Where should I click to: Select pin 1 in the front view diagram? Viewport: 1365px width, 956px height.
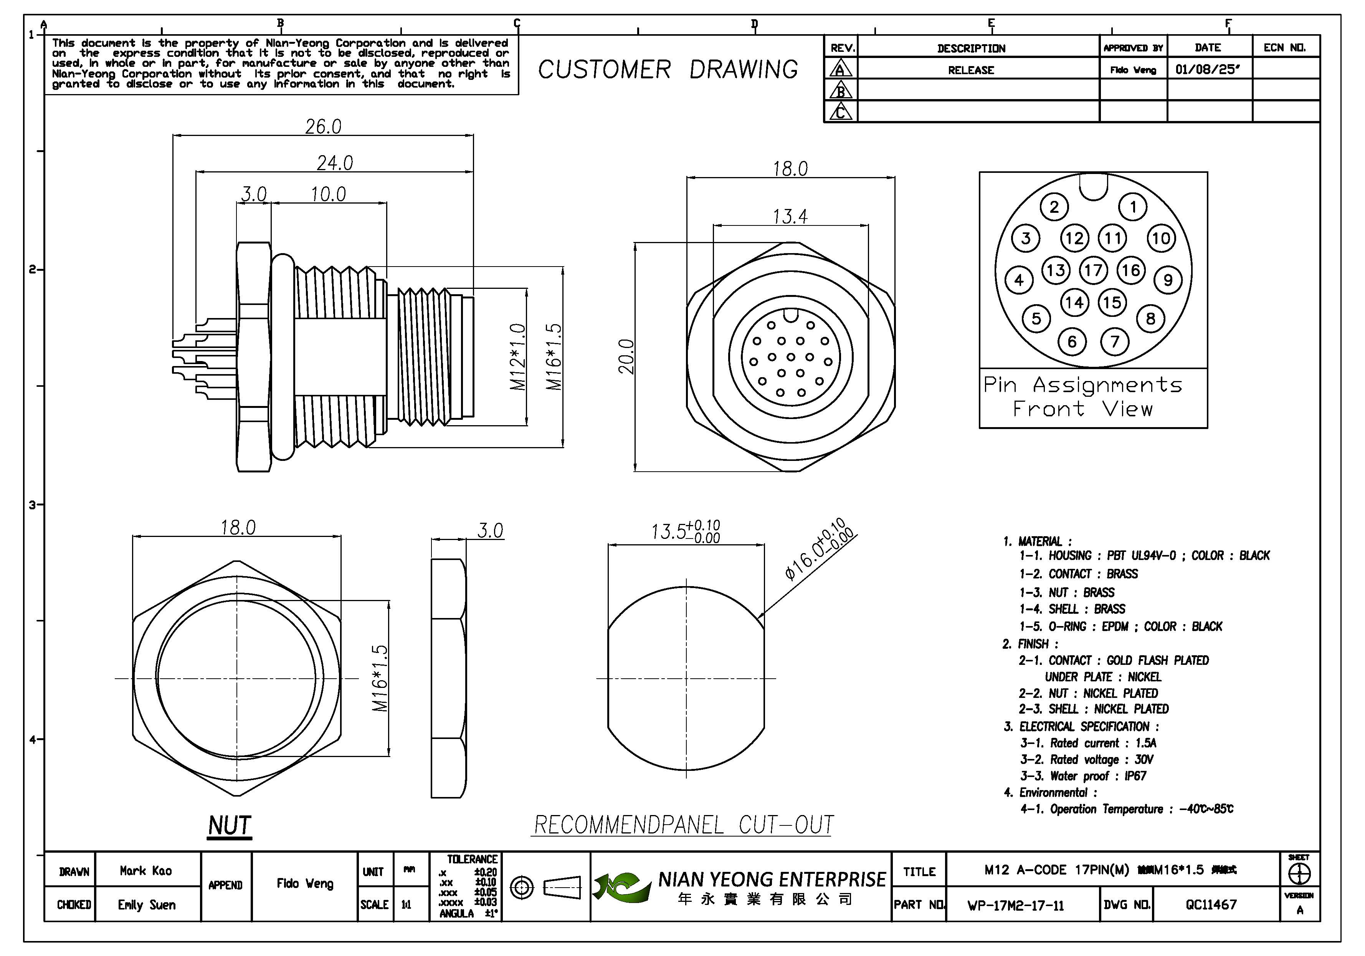click(x=1133, y=207)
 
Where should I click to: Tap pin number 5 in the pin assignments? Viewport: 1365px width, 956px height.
click(x=1036, y=319)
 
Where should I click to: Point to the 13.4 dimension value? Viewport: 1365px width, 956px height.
click(x=790, y=217)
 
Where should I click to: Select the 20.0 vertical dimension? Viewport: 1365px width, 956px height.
click(x=626, y=356)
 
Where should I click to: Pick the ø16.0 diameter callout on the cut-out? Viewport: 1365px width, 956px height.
click(x=820, y=548)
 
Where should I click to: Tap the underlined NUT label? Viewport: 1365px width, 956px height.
click(x=230, y=826)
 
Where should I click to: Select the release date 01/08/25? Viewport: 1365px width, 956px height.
click(x=1208, y=70)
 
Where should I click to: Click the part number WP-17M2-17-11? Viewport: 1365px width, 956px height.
click(x=1015, y=905)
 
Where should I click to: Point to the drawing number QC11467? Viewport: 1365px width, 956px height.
click(x=1211, y=905)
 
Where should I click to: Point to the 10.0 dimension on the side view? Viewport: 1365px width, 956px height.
click(x=328, y=194)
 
